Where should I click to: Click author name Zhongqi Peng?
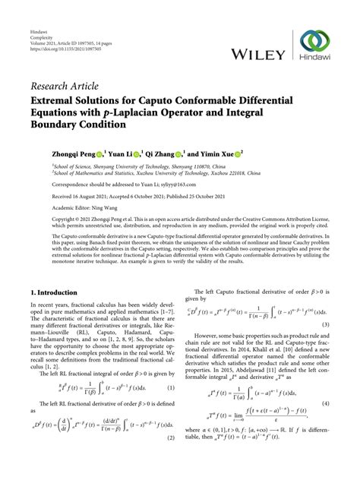(74, 153)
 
